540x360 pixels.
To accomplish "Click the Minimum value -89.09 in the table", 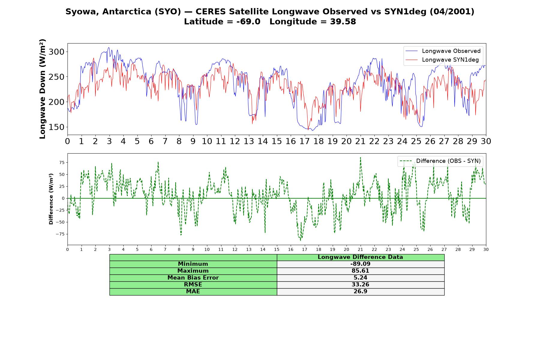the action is (360, 264).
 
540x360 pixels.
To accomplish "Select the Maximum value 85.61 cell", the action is (360, 271).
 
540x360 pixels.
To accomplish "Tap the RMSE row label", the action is (193, 285).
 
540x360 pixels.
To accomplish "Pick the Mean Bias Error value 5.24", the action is (360, 278).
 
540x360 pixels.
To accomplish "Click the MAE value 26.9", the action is (360, 292).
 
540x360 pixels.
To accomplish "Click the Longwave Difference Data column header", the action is (360, 257).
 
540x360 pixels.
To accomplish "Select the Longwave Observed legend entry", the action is (443, 51).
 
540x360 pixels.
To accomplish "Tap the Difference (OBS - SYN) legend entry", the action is (440, 161).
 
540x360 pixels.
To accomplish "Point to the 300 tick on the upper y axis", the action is (56, 52).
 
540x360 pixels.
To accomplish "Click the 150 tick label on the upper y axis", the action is (56, 127).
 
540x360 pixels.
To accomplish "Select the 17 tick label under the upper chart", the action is (304, 141).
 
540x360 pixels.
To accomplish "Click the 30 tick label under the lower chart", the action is (486, 249).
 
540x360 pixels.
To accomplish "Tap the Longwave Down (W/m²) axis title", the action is (43, 89).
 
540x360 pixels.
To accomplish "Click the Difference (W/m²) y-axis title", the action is (51, 199).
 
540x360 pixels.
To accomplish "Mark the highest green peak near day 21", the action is (360, 157).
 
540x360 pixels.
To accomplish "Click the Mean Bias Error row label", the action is (193, 278).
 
